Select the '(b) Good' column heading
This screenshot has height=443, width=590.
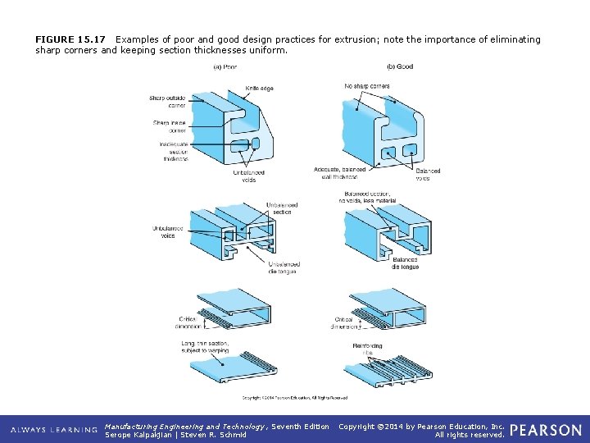(399, 66)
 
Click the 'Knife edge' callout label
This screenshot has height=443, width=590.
(260, 88)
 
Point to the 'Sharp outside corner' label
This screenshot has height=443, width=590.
(167, 102)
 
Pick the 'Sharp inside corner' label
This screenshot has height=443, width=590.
(170, 126)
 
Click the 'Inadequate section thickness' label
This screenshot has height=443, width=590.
(175, 152)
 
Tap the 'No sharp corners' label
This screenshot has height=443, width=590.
(367, 86)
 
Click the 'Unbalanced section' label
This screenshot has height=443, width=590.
(282, 208)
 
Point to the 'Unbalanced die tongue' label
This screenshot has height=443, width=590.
(284, 267)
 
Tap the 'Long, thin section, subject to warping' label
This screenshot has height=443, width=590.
(206, 346)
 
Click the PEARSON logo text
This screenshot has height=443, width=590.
(546, 430)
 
